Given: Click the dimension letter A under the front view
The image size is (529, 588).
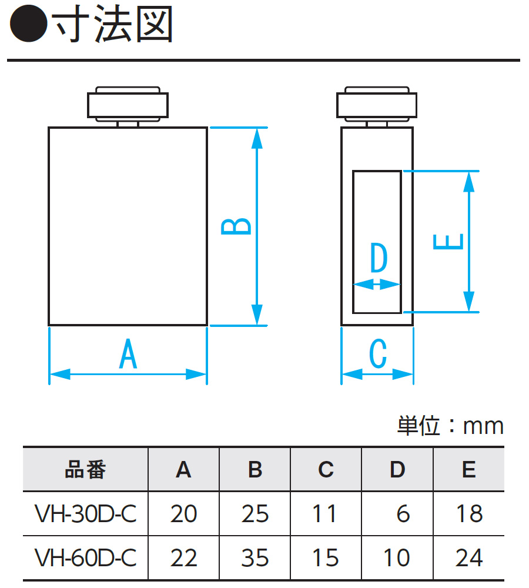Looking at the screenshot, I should tap(128, 355).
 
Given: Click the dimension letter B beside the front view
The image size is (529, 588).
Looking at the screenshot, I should tap(236, 226).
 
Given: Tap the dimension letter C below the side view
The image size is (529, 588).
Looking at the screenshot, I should tap(377, 355).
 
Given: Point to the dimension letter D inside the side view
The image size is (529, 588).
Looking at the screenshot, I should tap(379, 259).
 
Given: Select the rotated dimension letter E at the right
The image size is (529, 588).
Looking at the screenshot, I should tap(448, 242).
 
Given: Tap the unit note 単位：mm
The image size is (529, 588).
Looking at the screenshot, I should tap(450, 426).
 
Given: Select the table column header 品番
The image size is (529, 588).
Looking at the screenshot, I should tap(85, 470).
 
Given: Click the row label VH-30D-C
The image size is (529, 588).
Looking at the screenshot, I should tap(85, 514).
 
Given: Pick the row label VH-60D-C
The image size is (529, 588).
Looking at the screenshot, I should tap(85, 557).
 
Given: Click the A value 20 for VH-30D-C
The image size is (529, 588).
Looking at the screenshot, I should tap(183, 514).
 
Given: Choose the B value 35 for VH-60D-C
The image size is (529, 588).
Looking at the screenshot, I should tap(255, 557).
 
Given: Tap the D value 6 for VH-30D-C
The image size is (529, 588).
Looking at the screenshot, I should tap(403, 514).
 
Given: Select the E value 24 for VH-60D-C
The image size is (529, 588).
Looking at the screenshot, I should tap(469, 557).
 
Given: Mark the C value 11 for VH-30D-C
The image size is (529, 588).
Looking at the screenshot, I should tap(325, 514).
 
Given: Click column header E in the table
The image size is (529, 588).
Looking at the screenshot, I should tap(469, 470).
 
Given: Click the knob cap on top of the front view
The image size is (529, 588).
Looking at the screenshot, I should tap(128, 105).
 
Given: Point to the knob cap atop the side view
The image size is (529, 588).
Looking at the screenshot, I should tap(377, 105).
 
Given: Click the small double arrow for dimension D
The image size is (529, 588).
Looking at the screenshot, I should tap(377, 285).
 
